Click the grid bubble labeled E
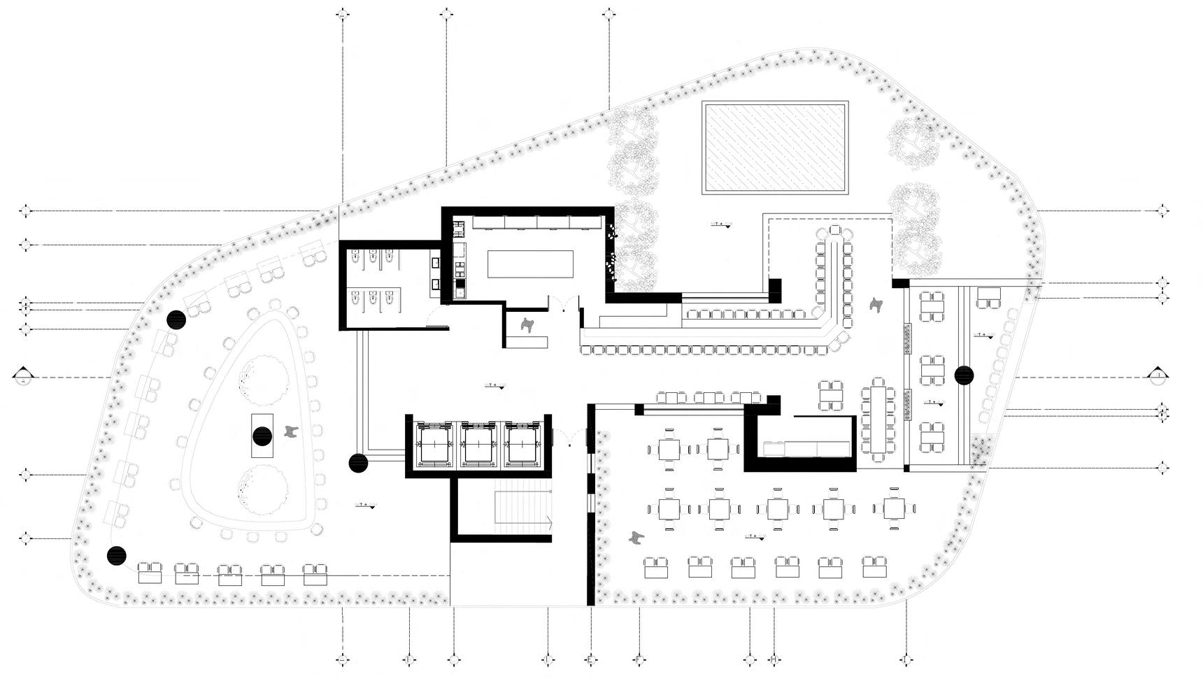tap(591, 659)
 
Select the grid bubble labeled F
tap(639, 659)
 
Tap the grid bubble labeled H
tap(774, 659)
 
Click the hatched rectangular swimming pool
tap(775, 148)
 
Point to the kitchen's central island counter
tap(530, 265)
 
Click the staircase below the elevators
tap(524, 512)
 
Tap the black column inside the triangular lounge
tap(262, 436)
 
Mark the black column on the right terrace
tap(964, 375)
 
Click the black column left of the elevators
tap(358, 462)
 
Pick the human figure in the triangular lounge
tap(291, 433)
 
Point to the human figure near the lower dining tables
tap(636, 538)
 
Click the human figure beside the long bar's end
tap(875, 305)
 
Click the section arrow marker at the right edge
tap(1159, 376)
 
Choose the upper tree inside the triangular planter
tap(263, 380)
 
